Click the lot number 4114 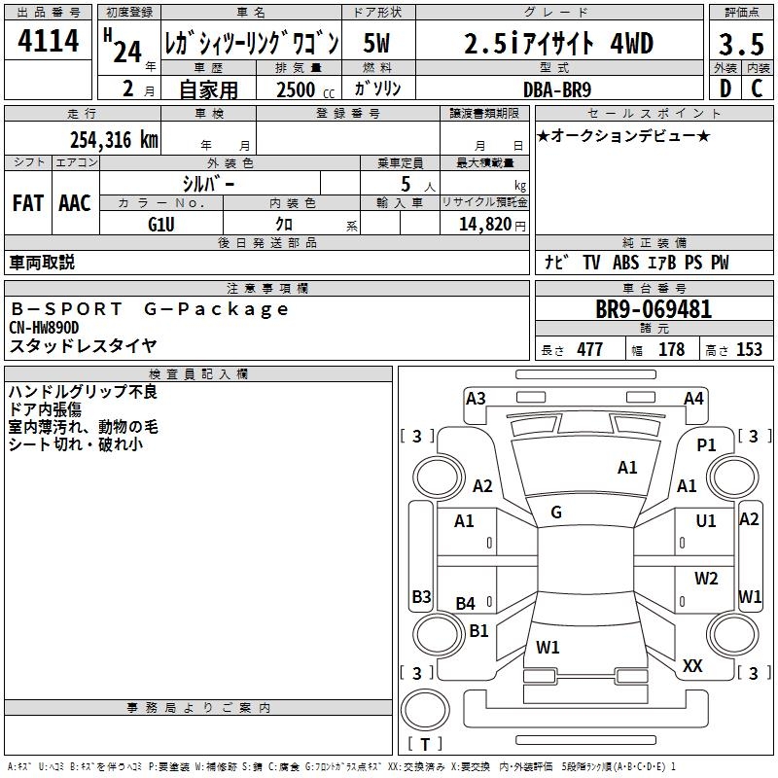(49, 43)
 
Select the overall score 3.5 (741, 45)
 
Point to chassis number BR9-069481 (654, 310)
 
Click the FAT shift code (28, 203)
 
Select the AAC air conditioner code (75, 203)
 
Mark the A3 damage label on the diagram (476, 398)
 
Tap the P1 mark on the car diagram (706, 444)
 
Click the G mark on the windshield (556, 512)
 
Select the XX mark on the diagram (692, 665)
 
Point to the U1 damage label (706, 521)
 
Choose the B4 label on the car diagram (466, 604)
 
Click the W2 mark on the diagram (706, 579)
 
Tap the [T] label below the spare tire (424, 745)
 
